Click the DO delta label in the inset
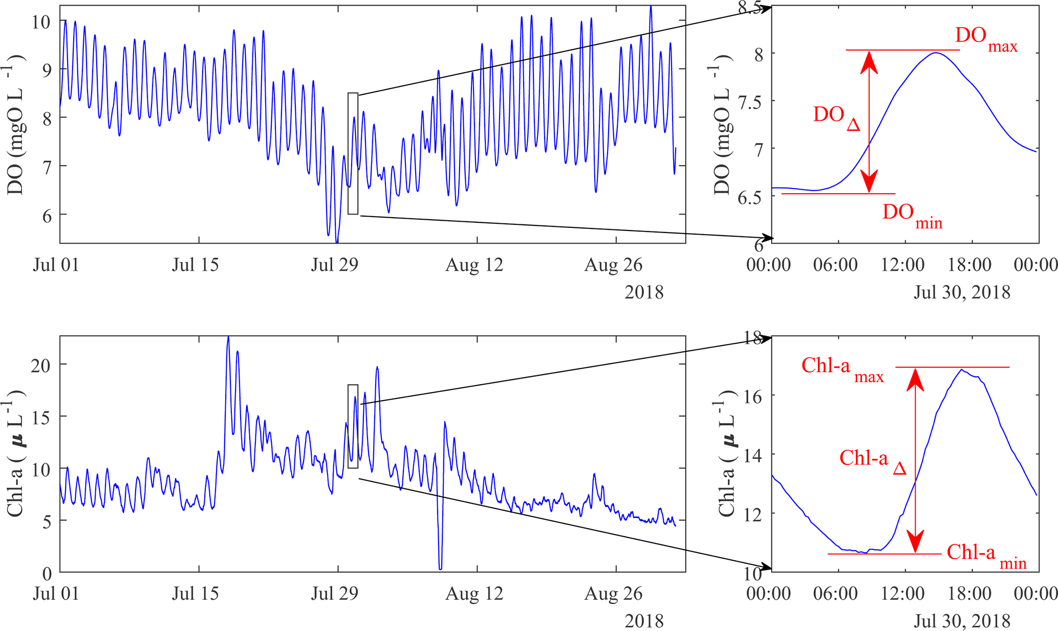pyautogui.click(x=836, y=117)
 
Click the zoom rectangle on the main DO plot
pyautogui.click(x=353, y=153)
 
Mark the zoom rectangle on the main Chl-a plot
pyautogui.click(x=353, y=426)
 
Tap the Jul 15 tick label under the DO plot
pyautogui.click(x=195, y=265)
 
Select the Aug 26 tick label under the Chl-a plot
pyautogui.click(x=613, y=594)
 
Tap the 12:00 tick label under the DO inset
pyautogui.click(x=902, y=265)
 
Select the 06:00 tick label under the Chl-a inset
pyautogui.click(x=836, y=594)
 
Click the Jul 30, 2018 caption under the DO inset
pyautogui.click(x=962, y=292)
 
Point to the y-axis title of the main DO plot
pyautogui.click(x=16, y=124)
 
